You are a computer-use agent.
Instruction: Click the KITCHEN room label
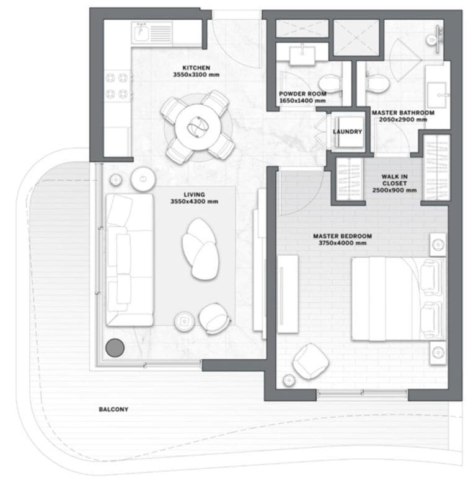click(x=196, y=68)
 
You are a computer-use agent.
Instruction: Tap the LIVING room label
click(x=194, y=195)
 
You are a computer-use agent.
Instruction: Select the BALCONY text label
click(x=113, y=409)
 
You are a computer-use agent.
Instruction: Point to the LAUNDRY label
click(x=347, y=132)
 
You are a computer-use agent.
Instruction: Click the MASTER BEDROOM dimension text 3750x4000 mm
click(x=342, y=243)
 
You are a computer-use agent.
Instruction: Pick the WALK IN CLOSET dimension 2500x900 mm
click(x=394, y=190)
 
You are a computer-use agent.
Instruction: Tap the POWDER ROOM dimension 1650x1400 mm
click(x=302, y=100)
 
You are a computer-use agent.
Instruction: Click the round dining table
click(x=198, y=128)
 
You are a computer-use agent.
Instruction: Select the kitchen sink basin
click(x=141, y=32)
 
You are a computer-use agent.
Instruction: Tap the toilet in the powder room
click(x=330, y=84)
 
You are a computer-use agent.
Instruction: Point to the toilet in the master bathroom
click(x=377, y=83)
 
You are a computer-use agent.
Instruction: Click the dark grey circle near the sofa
click(x=115, y=347)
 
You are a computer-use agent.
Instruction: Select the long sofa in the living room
click(x=130, y=260)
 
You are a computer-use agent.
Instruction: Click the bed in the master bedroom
click(x=399, y=298)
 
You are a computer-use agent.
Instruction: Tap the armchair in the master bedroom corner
click(x=311, y=362)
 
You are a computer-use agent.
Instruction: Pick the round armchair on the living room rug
click(x=214, y=318)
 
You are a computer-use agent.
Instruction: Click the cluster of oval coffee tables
click(x=200, y=248)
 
